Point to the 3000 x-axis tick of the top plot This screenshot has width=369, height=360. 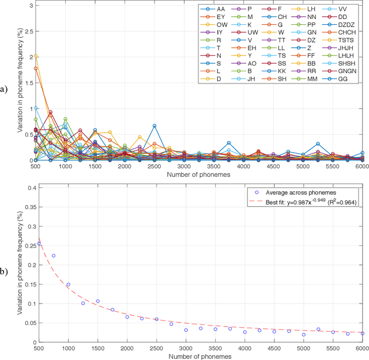click(x=186, y=167)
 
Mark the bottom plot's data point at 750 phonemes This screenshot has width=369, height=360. click(x=54, y=256)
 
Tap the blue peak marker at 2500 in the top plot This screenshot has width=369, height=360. click(x=155, y=126)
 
